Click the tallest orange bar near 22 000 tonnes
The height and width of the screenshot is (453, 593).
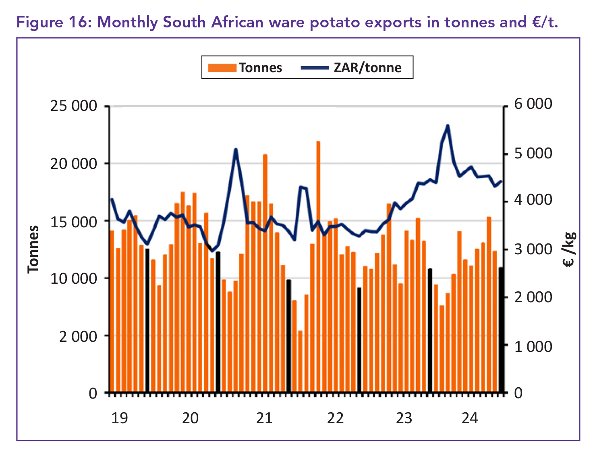pos(318,266)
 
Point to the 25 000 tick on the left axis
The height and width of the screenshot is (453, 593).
pos(74,106)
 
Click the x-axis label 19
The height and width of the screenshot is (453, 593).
pos(119,418)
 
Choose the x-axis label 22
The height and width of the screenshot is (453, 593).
pos(335,418)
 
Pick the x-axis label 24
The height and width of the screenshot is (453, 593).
pos(469,418)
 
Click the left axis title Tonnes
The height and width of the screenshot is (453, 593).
pos(33,249)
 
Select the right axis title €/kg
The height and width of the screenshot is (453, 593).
pos(570,250)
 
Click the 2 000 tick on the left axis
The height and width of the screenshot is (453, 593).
pos(78,336)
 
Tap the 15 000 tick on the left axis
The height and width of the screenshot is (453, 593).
pos(74,221)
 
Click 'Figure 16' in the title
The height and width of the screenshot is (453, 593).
pos(51,22)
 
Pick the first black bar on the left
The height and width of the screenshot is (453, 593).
pos(147,320)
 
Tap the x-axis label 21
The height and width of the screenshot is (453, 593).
pos(264,418)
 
